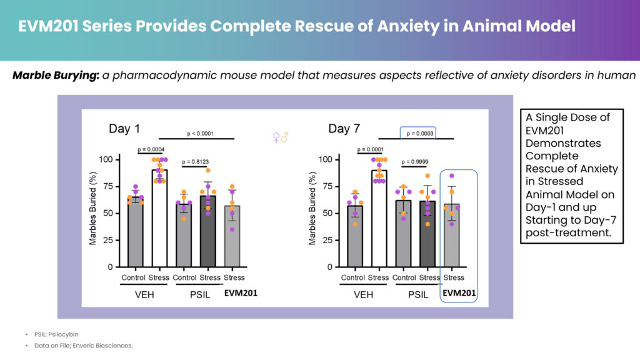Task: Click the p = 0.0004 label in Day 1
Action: click(x=151, y=149)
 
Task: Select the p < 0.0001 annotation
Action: click(x=200, y=134)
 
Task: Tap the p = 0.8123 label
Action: click(x=195, y=162)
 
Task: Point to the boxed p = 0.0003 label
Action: click(x=420, y=134)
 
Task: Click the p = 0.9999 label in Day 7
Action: click(x=415, y=162)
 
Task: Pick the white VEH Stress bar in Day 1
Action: click(x=159, y=218)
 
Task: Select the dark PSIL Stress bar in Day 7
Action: click(x=427, y=234)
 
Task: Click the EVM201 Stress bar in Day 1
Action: click(x=232, y=236)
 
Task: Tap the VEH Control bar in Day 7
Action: click(x=355, y=236)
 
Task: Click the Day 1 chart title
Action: click(x=124, y=129)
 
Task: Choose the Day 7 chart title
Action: click(x=344, y=129)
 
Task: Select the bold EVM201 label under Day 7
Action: click(x=459, y=292)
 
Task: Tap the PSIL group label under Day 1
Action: click(x=200, y=295)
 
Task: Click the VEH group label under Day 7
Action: click(x=363, y=295)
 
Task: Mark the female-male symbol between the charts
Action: click(x=281, y=137)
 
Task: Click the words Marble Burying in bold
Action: click(x=56, y=76)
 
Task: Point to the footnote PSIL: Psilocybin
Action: click(x=56, y=334)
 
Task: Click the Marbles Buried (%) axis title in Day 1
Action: click(x=92, y=209)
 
